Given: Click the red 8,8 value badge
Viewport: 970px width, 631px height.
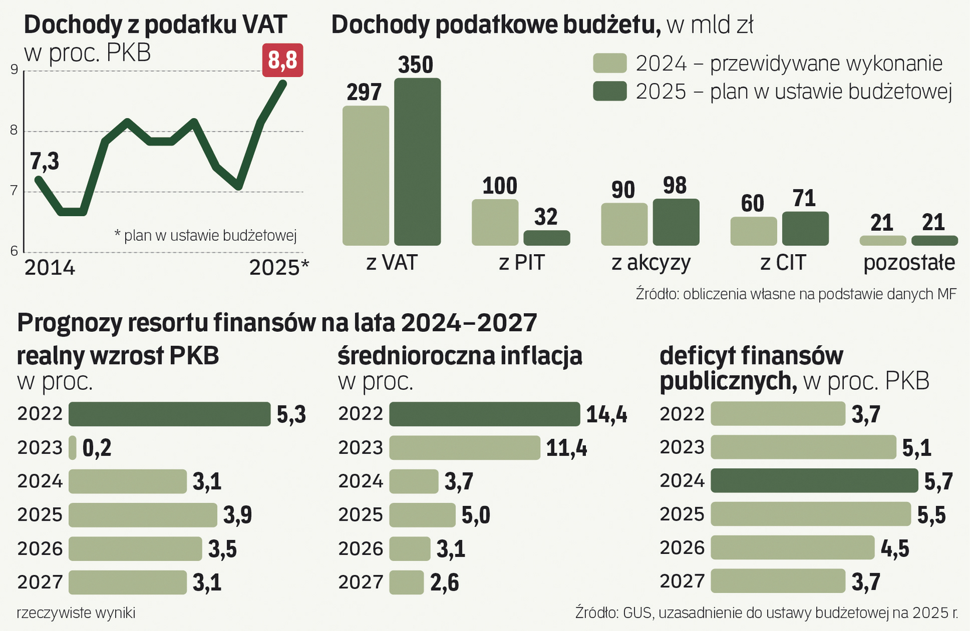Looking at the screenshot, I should pyautogui.click(x=283, y=60).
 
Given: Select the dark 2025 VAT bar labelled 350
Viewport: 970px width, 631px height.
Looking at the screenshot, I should pyautogui.click(x=417, y=162).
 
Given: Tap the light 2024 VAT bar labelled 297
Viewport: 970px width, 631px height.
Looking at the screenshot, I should pyautogui.click(x=365, y=175).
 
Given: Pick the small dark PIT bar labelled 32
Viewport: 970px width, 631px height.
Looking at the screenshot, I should pyautogui.click(x=547, y=238).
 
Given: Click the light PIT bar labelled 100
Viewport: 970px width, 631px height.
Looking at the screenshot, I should pyautogui.click(x=495, y=222).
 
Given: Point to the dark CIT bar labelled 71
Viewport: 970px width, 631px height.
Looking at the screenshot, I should pyautogui.click(x=805, y=228).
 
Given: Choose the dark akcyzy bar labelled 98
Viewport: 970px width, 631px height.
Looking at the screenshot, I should pyautogui.click(x=676, y=222).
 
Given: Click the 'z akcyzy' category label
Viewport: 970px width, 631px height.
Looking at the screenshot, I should pyautogui.click(x=651, y=263).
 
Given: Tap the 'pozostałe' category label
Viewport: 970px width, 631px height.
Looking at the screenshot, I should pyautogui.click(x=909, y=263).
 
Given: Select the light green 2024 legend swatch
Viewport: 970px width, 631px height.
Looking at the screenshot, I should pyautogui.click(x=610, y=63).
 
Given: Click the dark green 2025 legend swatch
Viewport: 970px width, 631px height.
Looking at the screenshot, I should pyautogui.click(x=610, y=91).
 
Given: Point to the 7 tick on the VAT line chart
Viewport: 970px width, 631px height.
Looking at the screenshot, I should pyautogui.click(x=14, y=191).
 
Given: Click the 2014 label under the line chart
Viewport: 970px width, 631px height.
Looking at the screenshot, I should pyautogui.click(x=50, y=268).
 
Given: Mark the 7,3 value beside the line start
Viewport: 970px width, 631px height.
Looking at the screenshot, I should pyautogui.click(x=44, y=161).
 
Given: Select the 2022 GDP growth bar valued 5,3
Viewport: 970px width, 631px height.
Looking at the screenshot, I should pyautogui.click(x=170, y=414).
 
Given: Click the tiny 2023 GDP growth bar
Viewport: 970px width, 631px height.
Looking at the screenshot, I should pyautogui.click(x=73, y=448).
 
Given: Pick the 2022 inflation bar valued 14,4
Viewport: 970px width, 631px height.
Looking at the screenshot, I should pyautogui.click(x=484, y=414).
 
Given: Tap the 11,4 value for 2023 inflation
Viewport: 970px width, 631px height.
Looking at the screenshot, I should pyautogui.click(x=567, y=448).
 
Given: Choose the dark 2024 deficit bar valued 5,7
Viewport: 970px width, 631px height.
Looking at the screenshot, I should pyautogui.click(x=814, y=480).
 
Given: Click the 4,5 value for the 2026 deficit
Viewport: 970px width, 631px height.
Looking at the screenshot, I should pyautogui.click(x=895, y=549).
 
